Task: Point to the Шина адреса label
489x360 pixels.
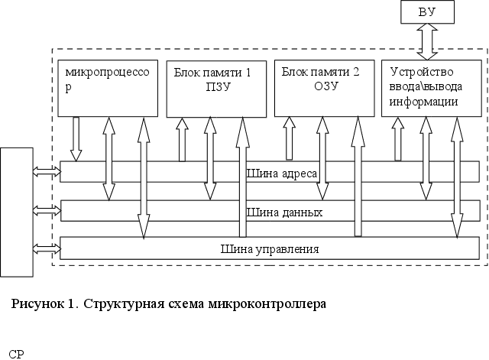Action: click(x=282, y=174)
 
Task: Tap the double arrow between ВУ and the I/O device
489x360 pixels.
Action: click(x=425, y=41)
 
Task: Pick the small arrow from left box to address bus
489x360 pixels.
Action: click(x=47, y=174)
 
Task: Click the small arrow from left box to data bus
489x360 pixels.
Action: click(x=47, y=209)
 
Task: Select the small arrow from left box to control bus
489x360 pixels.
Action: click(x=47, y=248)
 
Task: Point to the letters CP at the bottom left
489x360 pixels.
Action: click(x=15, y=354)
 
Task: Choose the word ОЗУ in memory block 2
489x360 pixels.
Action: click(x=325, y=86)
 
